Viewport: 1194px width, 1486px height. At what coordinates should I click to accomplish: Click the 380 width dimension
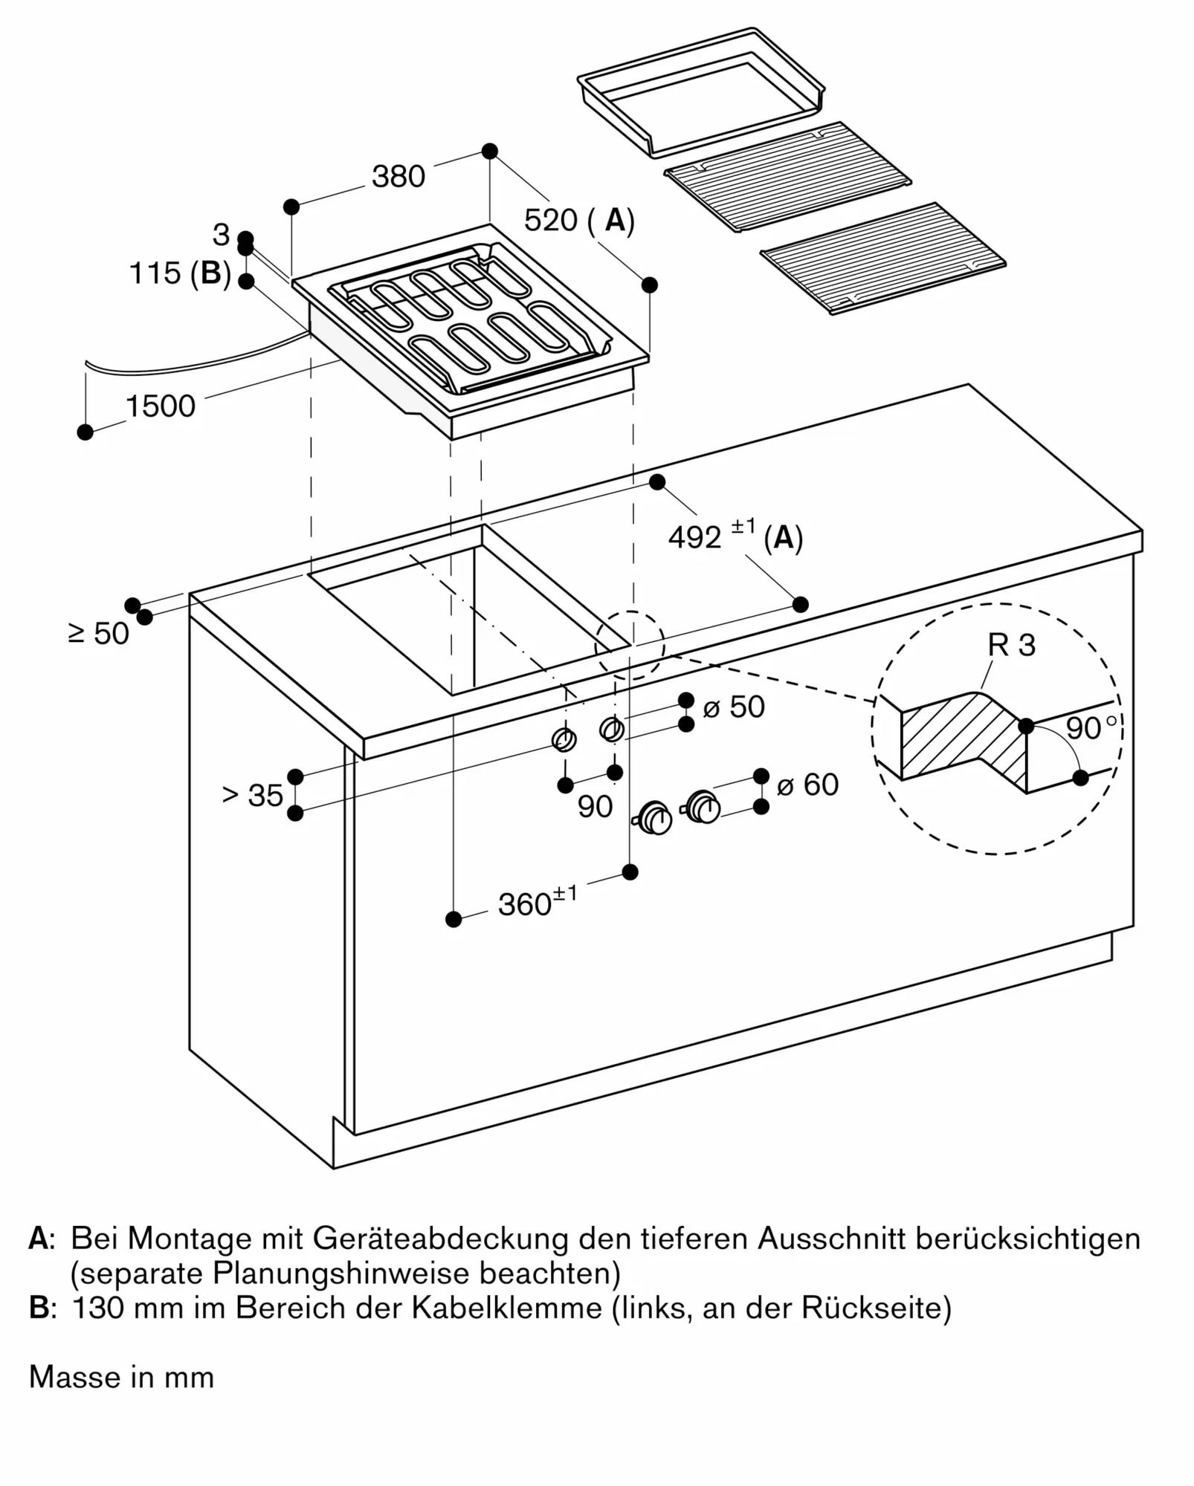point(398,177)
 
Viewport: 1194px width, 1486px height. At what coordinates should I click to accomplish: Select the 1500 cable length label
point(161,406)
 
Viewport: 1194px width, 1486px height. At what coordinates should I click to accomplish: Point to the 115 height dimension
point(155,273)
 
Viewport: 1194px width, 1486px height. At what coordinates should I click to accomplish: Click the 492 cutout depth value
point(694,537)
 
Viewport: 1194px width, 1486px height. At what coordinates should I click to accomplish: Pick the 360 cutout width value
point(525,904)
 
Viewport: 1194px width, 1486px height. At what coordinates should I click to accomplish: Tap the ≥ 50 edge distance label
point(99,634)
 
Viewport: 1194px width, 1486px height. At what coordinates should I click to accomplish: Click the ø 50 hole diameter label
point(734,707)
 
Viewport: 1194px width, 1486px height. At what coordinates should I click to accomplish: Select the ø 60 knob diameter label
point(807,785)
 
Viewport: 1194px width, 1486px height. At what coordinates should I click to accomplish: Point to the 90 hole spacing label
point(595,807)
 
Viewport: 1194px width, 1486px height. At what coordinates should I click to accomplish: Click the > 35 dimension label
point(253,796)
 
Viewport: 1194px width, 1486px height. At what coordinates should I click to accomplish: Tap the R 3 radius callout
point(1012,645)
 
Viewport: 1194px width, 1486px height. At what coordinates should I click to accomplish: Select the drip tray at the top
point(701,91)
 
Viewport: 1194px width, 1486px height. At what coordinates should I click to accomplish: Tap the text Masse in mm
point(121,1378)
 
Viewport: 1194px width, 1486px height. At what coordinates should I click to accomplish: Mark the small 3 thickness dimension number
point(221,235)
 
